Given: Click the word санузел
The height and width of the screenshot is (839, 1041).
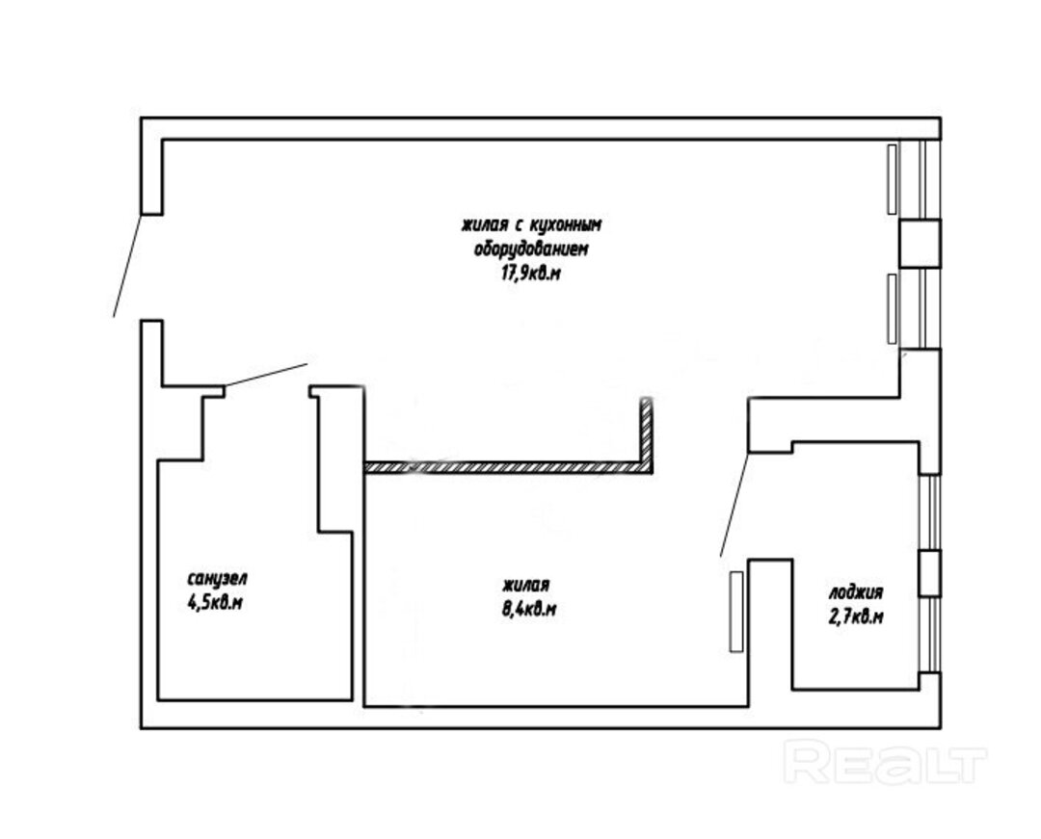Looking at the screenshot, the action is pos(217,579).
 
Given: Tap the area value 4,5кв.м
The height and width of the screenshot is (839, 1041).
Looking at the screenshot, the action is pos(215,603).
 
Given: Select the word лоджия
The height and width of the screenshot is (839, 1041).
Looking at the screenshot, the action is pos(856,593).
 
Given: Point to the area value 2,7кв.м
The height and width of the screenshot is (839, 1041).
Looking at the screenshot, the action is pos(856,617).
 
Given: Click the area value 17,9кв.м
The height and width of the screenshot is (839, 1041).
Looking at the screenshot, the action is pos(530,274).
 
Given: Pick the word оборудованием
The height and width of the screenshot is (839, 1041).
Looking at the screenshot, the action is pos(531,249).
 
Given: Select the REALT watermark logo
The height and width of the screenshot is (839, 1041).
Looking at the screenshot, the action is pos(885,762).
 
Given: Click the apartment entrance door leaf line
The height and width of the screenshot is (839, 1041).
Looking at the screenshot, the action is pos(127,265).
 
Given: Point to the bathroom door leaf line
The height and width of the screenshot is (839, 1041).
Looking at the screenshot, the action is pos(266,375).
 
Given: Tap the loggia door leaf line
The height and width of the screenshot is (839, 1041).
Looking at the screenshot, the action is pos(734,505).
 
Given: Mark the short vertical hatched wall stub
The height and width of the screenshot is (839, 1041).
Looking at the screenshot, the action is pos(647,432).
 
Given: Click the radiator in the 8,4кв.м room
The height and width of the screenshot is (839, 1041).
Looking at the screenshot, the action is pos(736,612).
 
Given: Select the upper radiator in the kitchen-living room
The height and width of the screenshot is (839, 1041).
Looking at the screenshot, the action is pos(892,179).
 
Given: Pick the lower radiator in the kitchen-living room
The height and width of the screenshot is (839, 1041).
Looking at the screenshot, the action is pos(892,308).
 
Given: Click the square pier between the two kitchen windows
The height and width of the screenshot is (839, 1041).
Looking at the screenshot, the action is pos(921,244).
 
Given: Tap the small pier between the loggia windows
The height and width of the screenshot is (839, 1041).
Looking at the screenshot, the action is pos(930,573).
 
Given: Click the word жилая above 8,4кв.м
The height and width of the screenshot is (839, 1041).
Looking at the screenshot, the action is pos(526,586).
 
